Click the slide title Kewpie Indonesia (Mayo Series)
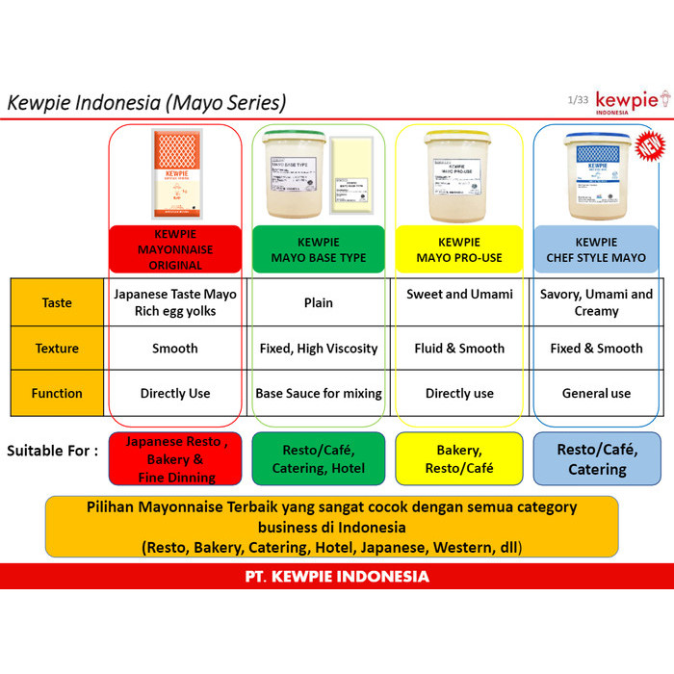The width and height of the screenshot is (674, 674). click(x=146, y=102)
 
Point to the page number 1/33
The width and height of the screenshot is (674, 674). click(x=578, y=99)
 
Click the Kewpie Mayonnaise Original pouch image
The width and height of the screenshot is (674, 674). click(x=175, y=174)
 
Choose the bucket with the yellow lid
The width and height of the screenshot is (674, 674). click(x=459, y=173)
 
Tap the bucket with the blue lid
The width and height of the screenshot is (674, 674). click(x=594, y=173)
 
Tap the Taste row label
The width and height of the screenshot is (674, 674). click(x=57, y=302)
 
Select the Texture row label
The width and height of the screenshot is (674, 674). click(x=57, y=349)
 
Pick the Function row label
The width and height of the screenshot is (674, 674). click(x=57, y=393)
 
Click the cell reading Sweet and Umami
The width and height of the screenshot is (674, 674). click(x=459, y=295)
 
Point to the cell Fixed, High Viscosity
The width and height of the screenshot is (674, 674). click(x=319, y=349)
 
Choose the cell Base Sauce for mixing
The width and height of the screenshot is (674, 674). click(x=319, y=393)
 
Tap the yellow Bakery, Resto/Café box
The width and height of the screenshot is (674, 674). click(x=459, y=458)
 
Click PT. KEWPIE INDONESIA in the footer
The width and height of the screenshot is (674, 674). click(x=337, y=577)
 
